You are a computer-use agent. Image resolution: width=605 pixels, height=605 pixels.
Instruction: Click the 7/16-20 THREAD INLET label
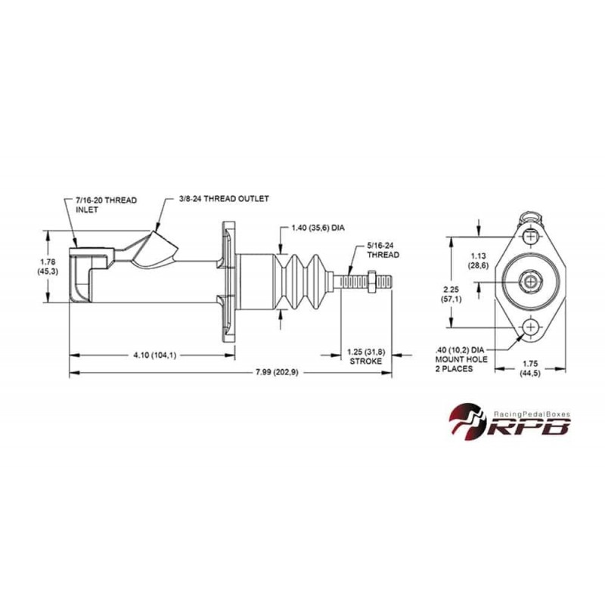tap(106, 205)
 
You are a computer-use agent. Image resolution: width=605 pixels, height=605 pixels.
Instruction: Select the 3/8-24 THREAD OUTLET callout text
tap(224, 199)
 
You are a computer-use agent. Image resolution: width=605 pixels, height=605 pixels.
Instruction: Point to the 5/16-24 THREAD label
tap(383, 250)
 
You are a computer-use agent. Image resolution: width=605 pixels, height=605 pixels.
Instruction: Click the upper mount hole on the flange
tap(531, 236)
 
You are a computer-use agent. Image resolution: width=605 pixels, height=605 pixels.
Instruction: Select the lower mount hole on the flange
tap(531, 327)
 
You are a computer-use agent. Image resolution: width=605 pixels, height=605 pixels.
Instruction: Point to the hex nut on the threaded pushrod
tap(372, 281)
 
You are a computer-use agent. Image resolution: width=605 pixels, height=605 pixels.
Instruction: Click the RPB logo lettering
tap(529, 427)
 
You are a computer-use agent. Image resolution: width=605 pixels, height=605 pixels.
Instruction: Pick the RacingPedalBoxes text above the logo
tap(532, 414)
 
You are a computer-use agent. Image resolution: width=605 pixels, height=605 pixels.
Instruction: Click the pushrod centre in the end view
tap(531, 281)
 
